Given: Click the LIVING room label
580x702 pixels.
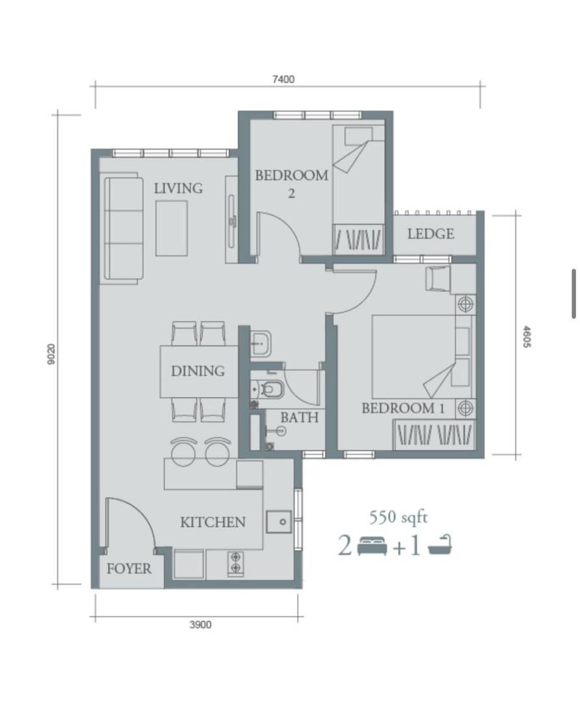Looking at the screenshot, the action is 178,188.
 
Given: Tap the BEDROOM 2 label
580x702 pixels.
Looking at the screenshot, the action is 291,183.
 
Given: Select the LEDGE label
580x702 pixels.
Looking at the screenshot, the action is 430,234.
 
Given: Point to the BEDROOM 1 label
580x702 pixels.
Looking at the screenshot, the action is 403,408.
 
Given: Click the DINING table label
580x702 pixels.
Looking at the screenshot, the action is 198,370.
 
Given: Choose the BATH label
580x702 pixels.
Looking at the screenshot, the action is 299,417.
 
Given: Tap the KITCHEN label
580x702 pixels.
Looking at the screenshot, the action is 213,522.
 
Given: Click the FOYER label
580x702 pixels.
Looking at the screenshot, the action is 129,569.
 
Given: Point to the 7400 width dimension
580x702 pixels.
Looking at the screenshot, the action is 283,79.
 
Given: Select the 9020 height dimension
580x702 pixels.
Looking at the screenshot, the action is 51,354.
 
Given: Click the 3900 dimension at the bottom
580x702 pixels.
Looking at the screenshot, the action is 200,625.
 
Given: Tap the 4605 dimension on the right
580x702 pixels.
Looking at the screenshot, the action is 527,337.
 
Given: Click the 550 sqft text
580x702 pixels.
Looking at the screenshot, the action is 399,517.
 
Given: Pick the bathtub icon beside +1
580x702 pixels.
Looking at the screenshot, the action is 440,545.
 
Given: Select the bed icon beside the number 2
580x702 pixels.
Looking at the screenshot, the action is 372,546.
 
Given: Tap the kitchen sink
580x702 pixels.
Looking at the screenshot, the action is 278,522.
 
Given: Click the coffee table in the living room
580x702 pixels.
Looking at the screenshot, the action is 172,228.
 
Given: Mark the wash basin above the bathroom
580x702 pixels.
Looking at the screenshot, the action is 260,343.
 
